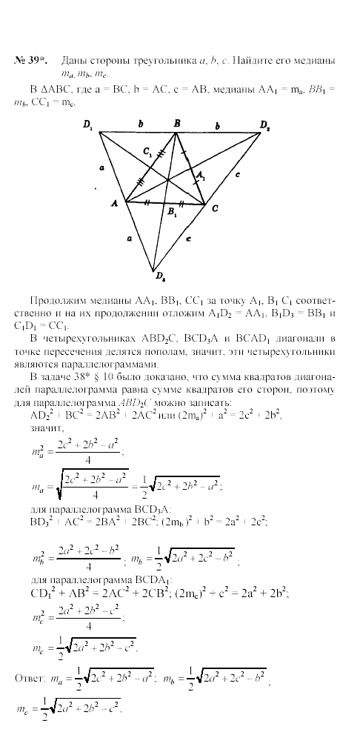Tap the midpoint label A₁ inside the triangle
(x=199, y=175)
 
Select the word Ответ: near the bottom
(x=30, y=676)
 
